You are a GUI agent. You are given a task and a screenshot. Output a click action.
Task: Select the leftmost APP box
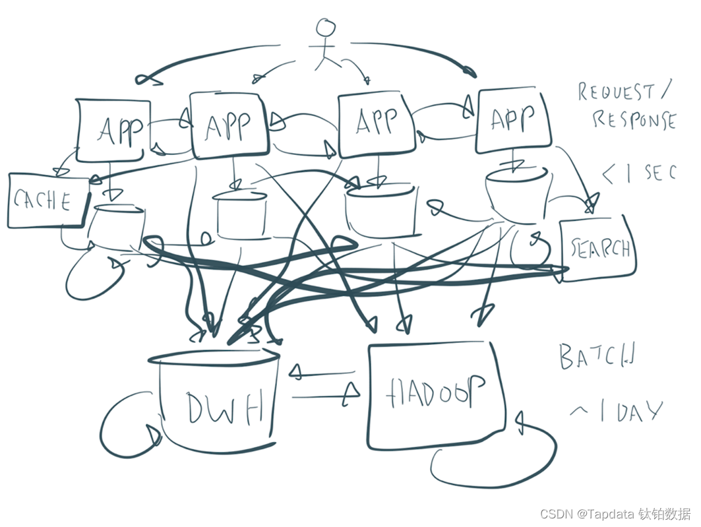point(113,130)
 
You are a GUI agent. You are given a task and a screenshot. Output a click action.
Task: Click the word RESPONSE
point(633,120)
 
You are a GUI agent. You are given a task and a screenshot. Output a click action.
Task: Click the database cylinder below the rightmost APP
point(516,193)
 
